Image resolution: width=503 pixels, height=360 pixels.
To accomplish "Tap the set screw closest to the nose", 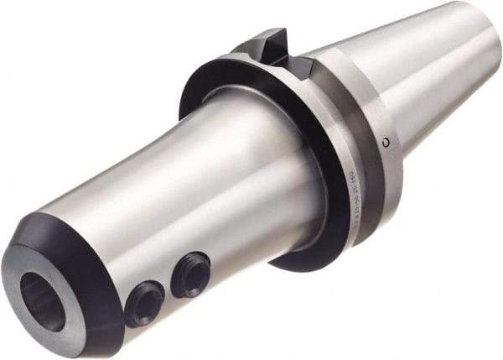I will pyautogui.click(x=144, y=304).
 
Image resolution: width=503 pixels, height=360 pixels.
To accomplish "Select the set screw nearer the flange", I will pyautogui.click(x=190, y=274).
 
